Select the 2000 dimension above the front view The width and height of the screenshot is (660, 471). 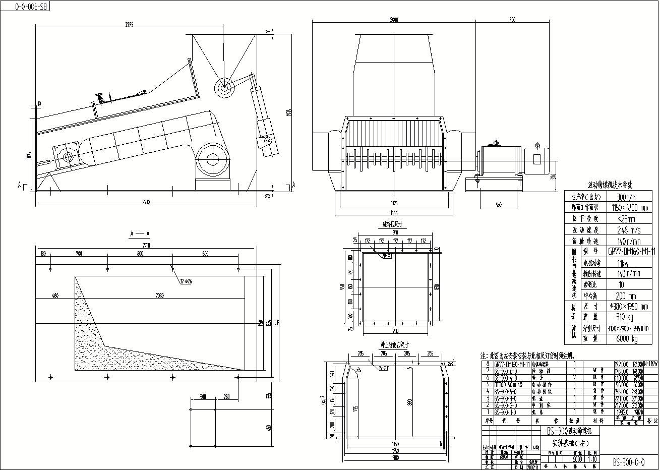coord(394,20)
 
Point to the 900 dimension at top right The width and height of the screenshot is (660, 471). coord(512,20)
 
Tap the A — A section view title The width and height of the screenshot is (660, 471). coord(140,234)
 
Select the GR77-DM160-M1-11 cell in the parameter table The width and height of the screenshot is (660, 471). coord(632,251)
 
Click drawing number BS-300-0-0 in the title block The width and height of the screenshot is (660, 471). coord(628,462)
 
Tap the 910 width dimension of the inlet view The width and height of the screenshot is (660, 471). coord(395,232)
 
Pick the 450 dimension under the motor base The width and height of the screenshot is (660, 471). coord(498,205)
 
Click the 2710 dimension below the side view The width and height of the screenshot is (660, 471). coord(146,202)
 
